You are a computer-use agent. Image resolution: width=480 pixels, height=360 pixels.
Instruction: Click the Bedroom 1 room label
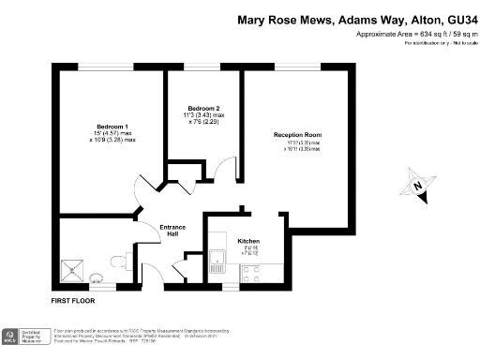point(112,127)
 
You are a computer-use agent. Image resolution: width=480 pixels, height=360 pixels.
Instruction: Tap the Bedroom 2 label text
point(202,109)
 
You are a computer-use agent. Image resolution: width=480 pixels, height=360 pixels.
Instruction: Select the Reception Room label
point(297,135)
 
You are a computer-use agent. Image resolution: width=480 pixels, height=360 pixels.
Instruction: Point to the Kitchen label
point(248,241)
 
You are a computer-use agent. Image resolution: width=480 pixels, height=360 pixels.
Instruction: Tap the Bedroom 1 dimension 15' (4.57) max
point(112,133)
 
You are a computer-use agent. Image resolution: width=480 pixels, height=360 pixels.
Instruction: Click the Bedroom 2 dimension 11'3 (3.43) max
point(202,115)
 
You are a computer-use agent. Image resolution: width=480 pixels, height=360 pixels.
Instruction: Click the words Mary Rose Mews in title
point(278,18)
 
